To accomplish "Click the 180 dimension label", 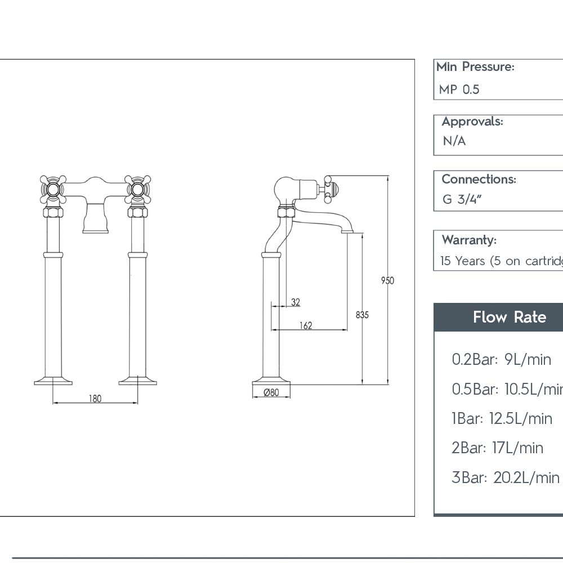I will pos(95,399).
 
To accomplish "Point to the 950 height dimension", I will pos(387,280).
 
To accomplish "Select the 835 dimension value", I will pos(362,315).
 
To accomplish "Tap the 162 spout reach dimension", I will pos(306,325).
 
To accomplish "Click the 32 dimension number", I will pos(296,302).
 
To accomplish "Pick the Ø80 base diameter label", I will pos(271,393).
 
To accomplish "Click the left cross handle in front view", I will pos(53,189).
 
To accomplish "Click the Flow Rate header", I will pos(509,317).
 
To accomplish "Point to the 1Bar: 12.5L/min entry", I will pos(502,418).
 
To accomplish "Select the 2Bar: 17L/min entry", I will pos(497,448).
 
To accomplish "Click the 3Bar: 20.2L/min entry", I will pos(505,477).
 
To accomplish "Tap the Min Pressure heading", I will pos(475,67).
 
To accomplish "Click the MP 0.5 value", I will pos(459,90).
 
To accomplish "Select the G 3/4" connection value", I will pos(462,200).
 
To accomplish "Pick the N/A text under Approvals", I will pos(454,141).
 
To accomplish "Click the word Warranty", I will pos(469,240).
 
